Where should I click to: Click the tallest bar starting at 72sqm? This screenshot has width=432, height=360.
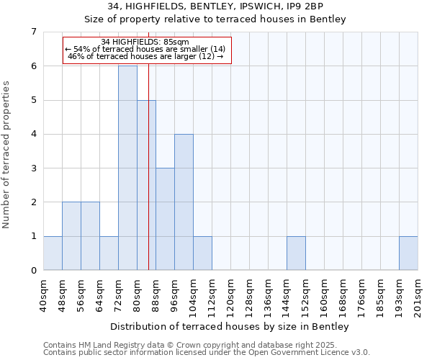(x=127, y=168)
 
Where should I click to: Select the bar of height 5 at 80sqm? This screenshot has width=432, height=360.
(x=146, y=185)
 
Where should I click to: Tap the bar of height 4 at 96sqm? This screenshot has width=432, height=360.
(x=184, y=202)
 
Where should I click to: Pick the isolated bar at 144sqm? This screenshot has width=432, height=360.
(x=296, y=253)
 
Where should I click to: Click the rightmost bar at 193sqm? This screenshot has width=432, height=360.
(x=408, y=253)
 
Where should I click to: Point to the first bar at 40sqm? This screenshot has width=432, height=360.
(x=53, y=253)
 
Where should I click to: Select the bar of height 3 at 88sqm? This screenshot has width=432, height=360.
(x=165, y=219)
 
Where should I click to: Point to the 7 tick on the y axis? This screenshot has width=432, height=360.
(x=33, y=32)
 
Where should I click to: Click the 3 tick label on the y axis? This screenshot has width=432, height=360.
(x=33, y=168)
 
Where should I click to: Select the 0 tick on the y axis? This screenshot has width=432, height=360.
(x=33, y=271)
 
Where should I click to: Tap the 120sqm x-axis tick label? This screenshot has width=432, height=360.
(x=230, y=296)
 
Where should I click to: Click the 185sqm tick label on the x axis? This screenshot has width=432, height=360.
(x=380, y=296)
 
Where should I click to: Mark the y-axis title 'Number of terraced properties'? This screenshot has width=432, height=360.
(x=6, y=154)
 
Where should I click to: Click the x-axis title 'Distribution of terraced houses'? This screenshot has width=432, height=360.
(x=230, y=326)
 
